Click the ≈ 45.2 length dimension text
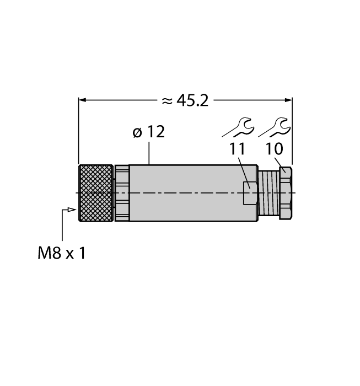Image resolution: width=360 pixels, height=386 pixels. tap(185, 100)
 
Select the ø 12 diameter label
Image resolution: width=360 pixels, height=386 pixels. tap(149, 132)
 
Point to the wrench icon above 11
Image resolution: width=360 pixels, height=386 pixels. tap(238, 128)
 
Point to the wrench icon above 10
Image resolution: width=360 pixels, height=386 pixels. tap(275, 127)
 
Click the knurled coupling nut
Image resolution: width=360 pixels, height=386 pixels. tap(96, 193)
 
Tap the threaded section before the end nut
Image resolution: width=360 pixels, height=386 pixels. tap(268, 193)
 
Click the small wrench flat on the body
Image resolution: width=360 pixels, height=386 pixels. tap(250, 193)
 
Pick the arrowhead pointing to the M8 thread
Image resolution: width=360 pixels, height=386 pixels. tap(71, 210)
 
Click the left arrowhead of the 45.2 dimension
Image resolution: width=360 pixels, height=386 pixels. tap(83, 100)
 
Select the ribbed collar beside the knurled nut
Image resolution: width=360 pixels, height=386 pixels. tap(121, 193)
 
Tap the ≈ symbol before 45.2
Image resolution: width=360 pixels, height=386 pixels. tap(167, 100)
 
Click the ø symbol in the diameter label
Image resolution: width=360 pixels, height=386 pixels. tap(137, 133)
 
